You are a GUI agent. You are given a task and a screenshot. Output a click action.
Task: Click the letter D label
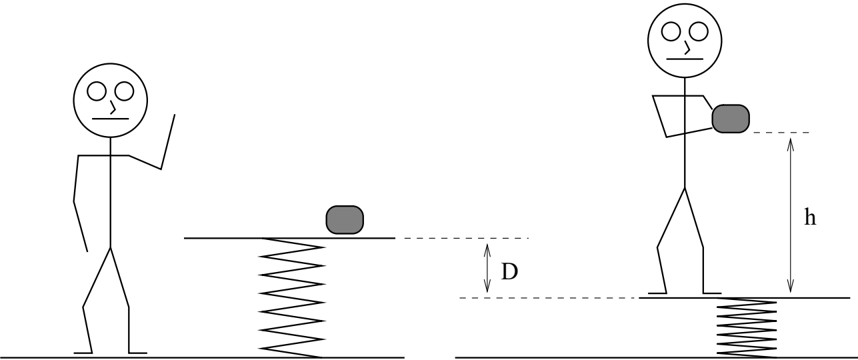pos(509,272)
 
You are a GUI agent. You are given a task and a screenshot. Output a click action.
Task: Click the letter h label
pos(810,217)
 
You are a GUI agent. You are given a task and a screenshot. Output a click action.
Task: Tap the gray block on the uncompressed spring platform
pos(345,219)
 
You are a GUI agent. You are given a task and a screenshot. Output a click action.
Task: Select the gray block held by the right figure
pos(731,118)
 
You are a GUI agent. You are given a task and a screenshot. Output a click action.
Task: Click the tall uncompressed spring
pos(291,298)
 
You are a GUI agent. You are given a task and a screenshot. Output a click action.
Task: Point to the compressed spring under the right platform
pos(746,328)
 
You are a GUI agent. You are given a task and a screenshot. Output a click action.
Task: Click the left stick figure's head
pos(111,100)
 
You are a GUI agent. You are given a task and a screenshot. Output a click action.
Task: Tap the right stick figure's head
pos(685,40)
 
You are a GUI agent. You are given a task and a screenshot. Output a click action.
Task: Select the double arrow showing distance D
pos(487,268)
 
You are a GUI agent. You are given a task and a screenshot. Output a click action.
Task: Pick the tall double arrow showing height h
pos(790,215)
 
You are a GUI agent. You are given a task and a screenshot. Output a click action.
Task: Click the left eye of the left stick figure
pos(97,91)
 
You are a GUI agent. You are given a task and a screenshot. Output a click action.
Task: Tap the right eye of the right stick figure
pos(698,32)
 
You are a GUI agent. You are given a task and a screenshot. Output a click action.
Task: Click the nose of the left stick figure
pos(113,107)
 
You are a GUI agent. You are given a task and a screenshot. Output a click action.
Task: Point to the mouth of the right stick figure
pos(685,59)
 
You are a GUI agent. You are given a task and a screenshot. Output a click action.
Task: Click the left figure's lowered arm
pos(77,201)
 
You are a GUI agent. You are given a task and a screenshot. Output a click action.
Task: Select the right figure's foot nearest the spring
pos(712,293)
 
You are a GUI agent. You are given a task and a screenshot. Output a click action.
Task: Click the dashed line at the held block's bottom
pos(781,132)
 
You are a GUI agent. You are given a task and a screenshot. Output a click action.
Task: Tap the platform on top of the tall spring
pos(289,238)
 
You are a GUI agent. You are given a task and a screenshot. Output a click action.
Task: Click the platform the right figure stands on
pos(744,298)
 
